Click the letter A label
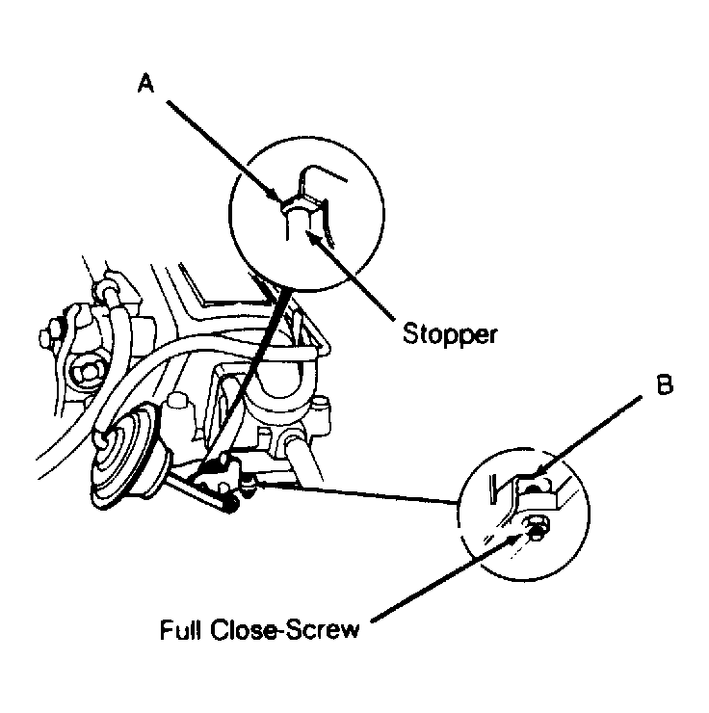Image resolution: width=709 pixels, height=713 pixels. (x=145, y=84)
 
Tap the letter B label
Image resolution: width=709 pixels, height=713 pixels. (x=665, y=384)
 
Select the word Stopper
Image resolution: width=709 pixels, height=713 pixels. (x=450, y=334)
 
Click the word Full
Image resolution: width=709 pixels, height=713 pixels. (x=180, y=629)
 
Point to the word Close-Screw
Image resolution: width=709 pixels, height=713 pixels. (x=285, y=630)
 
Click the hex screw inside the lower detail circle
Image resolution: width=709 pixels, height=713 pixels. (x=537, y=528)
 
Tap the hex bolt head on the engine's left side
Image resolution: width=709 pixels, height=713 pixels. (x=88, y=374)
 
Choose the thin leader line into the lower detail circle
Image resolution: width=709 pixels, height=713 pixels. (x=354, y=492)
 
